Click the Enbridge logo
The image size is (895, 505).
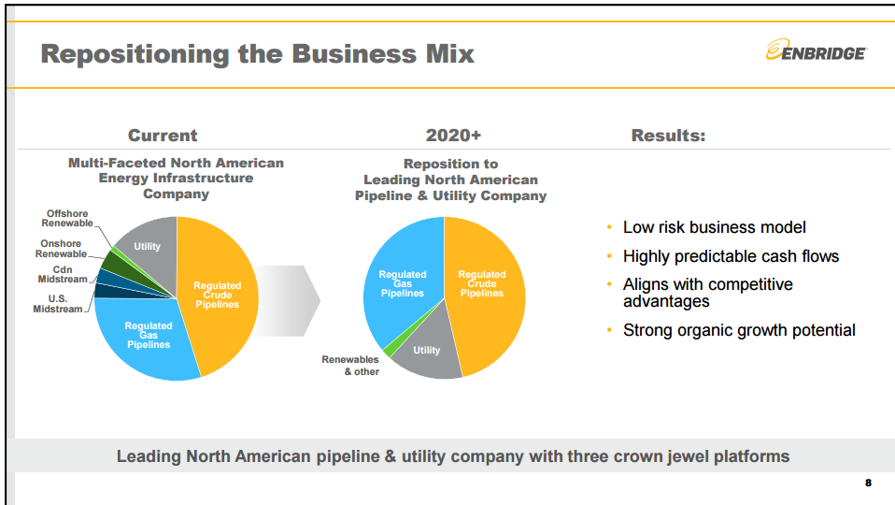point(815,51)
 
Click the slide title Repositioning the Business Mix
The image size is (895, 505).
point(257,53)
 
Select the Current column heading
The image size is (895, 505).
point(163,136)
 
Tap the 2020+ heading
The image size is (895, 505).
point(453,136)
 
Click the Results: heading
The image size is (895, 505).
point(668,136)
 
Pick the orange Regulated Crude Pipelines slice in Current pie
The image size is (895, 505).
point(217,295)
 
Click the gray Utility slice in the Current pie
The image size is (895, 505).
point(147,246)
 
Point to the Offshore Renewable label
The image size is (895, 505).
point(67,219)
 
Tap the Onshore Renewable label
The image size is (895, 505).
point(61,249)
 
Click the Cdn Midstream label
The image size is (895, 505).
point(63,274)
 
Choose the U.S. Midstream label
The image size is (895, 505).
point(58,304)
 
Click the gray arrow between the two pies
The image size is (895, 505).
point(290,299)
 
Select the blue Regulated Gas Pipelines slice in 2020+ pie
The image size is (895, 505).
point(402,283)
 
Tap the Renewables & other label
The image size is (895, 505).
point(350,365)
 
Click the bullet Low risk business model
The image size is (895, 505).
point(714,227)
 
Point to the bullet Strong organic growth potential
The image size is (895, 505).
point(738,330)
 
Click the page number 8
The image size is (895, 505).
point(868,483)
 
